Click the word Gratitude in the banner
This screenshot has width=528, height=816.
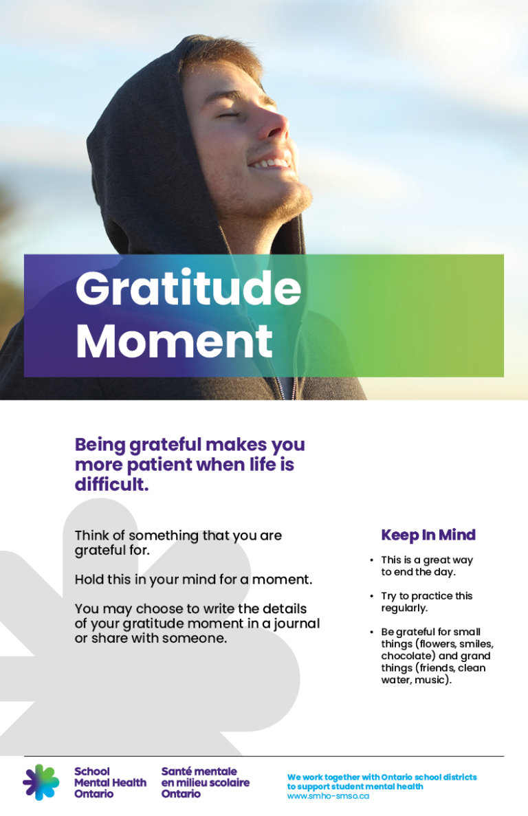pyautogui.click(x=188, y=289)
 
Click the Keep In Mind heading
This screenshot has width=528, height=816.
pyautogui.click(x=428, y=535)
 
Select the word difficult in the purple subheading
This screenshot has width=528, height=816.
pyautogui.click(x=111, y=485)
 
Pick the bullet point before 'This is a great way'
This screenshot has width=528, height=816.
pyautogui.click(x=372, y=560)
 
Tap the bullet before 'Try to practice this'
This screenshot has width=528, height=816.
pyautogui.click(x=372, y=596)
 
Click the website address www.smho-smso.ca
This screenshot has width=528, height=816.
pyautogui.click(x=328, y=795)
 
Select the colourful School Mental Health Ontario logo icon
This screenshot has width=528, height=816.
pyautogui.click(x=41, y=782)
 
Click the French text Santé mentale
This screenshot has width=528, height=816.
pyautogui.click(x=199, y=771)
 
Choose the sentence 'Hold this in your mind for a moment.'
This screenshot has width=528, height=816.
pyautogui.click(x=193, y=580)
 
